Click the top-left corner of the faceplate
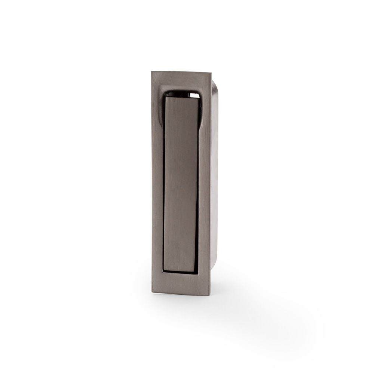(152, 71)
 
